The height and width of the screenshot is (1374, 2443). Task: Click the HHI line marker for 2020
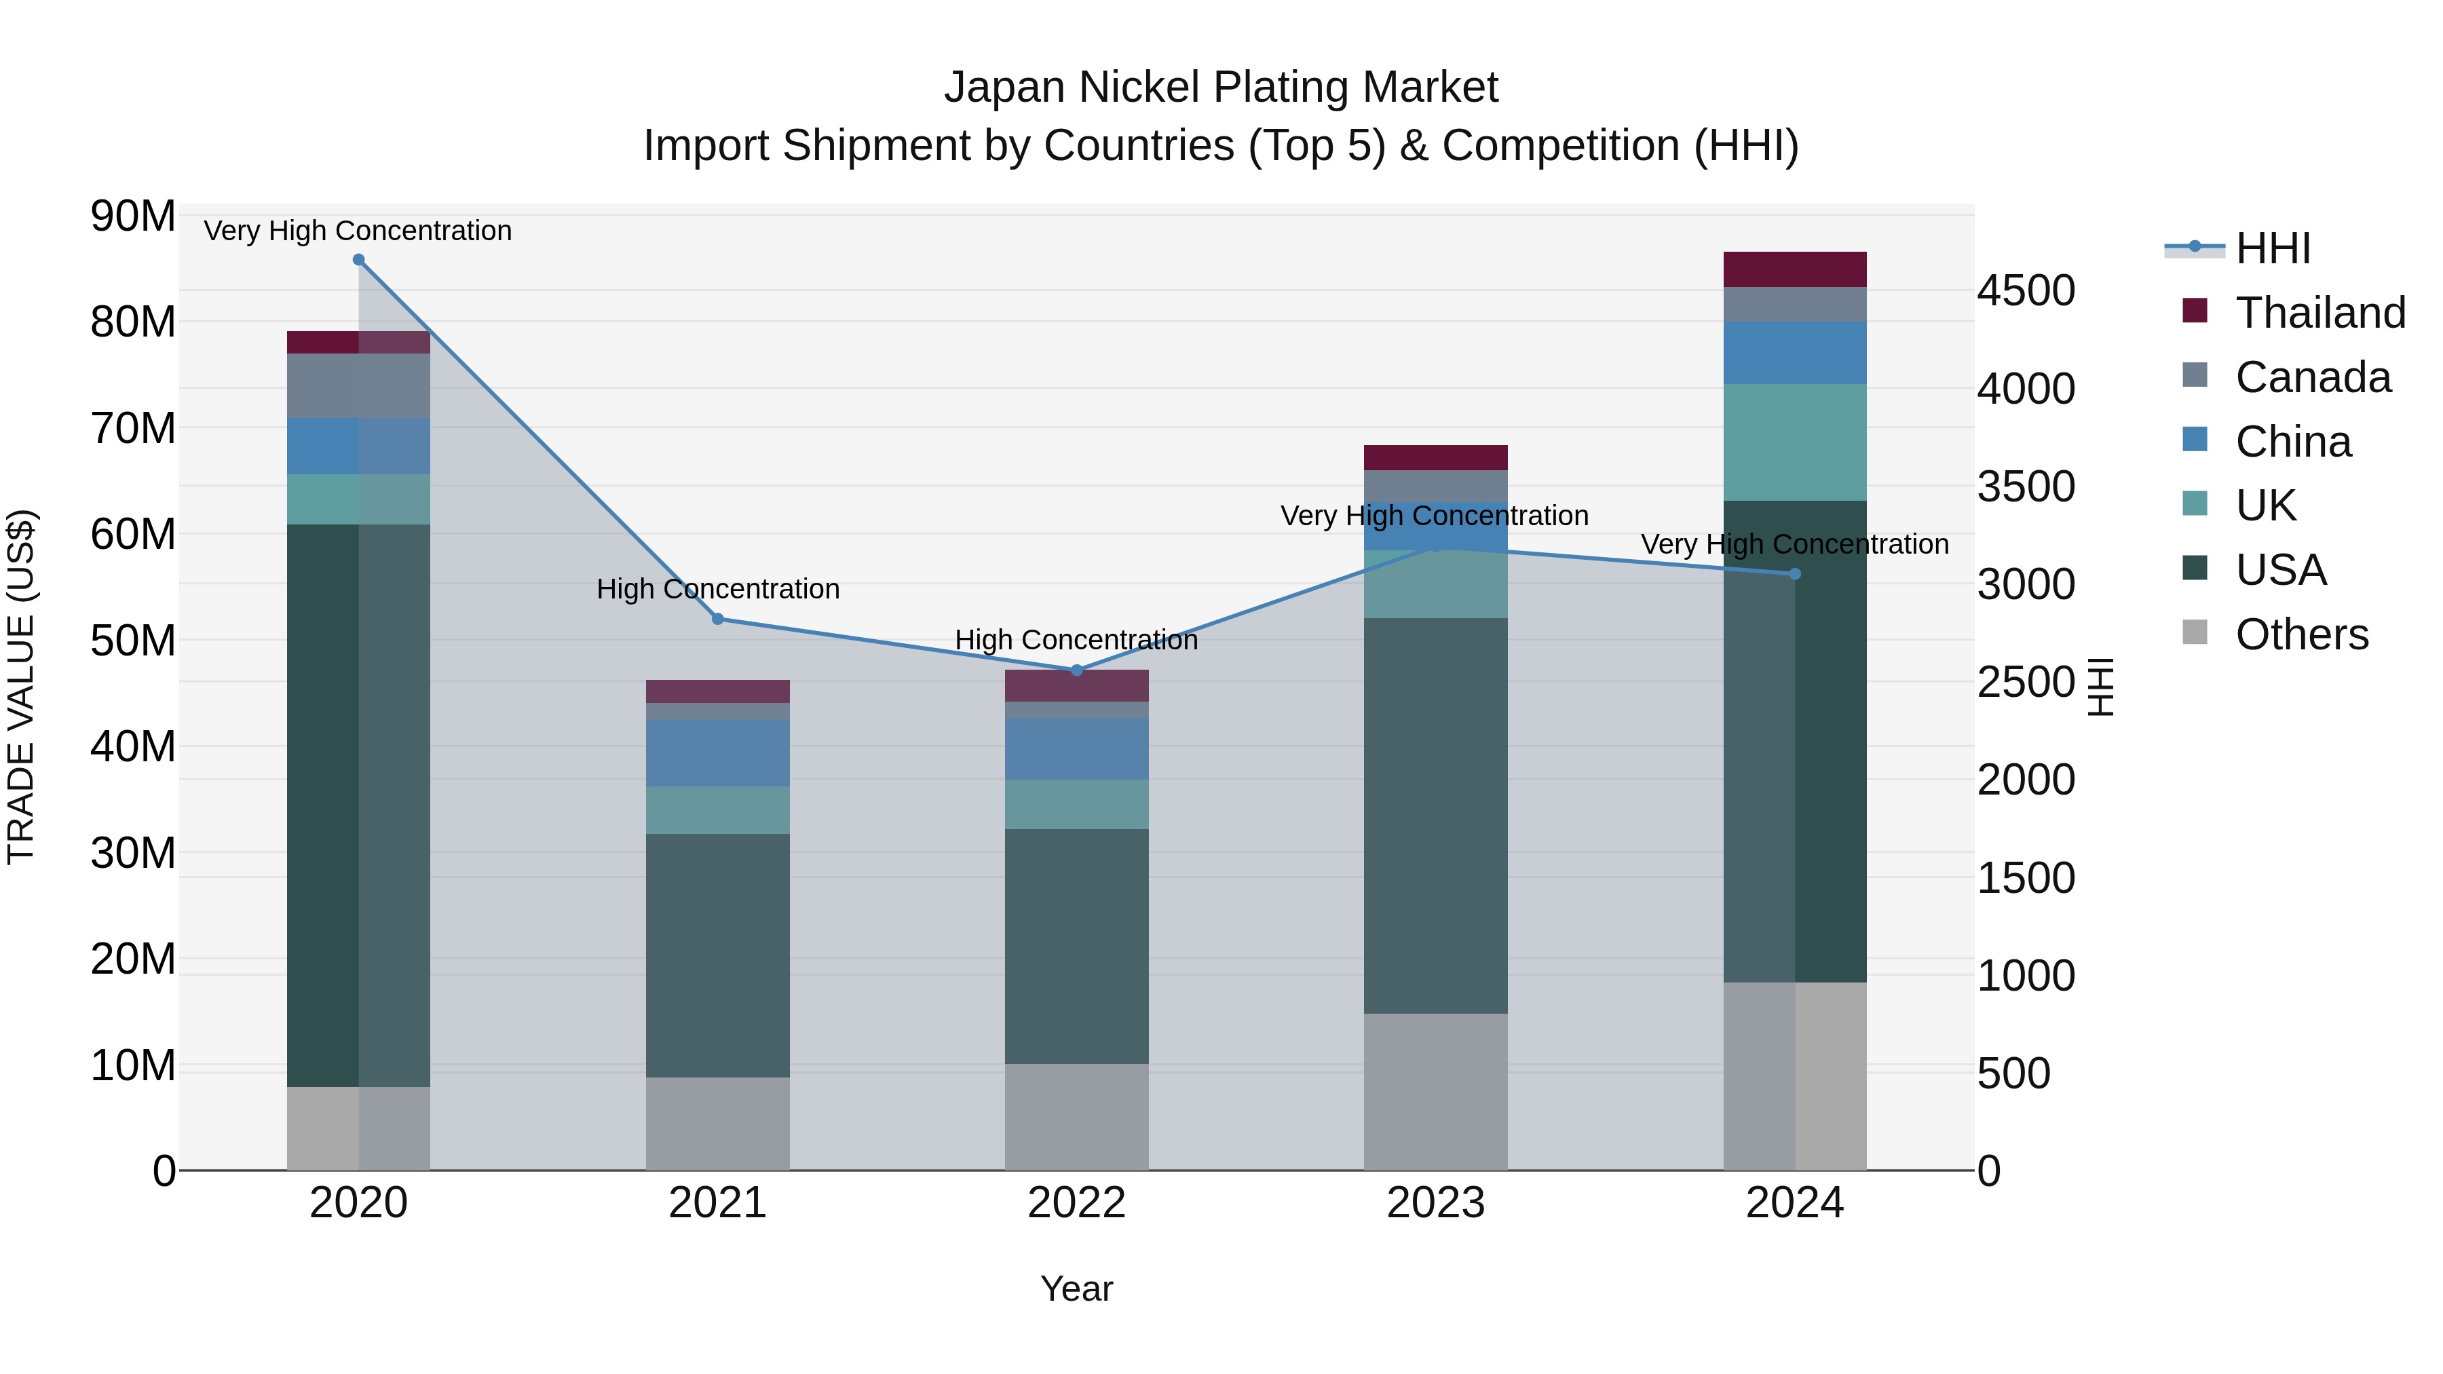pos(358,260)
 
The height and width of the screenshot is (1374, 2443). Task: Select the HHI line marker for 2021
pos(718,619)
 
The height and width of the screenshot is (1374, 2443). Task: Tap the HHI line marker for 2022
pos(1076,670)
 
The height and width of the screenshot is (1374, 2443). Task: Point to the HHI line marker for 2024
pos(1794,573)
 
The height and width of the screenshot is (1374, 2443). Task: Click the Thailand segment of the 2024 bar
pos(1794,269)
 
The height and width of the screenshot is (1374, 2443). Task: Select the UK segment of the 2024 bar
pos(1794,442)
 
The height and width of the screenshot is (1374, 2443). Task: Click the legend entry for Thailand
pos(2319,313)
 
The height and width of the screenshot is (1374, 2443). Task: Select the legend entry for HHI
pos(2272,248)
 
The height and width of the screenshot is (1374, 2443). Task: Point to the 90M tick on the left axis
pos(133,216)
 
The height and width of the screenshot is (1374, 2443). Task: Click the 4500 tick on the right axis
pos(2026,291)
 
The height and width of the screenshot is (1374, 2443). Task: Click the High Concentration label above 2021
pos(718,589)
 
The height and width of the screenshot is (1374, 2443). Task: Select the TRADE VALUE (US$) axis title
pos(21,687)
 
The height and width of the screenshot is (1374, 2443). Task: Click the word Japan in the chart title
pos(1004,88)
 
